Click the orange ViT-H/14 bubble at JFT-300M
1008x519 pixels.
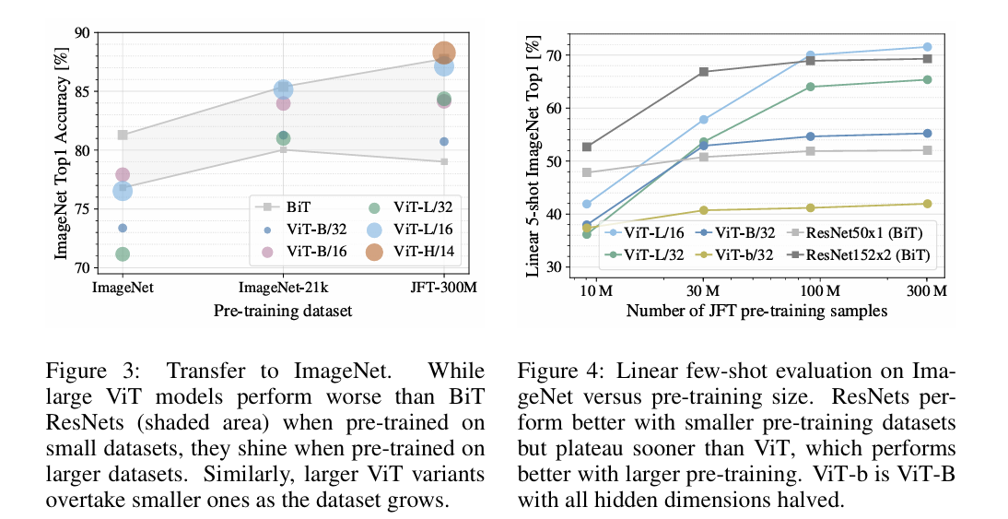point(444,53)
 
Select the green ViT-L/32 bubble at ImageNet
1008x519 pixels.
point(123,254)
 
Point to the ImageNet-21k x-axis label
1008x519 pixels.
point(283,287)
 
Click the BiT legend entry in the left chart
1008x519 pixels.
point(282,207)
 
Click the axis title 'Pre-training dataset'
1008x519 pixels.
point(283,311)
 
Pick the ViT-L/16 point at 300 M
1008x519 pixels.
point(927,47)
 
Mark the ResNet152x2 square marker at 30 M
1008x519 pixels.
point(703,71)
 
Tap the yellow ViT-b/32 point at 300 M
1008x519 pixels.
point(927,204)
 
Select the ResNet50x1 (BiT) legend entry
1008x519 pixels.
point(856,233)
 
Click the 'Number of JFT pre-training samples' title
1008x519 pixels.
point(756,311)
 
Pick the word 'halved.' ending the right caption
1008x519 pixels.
point(812,500)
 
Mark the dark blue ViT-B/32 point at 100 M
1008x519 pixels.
point(811,136)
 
